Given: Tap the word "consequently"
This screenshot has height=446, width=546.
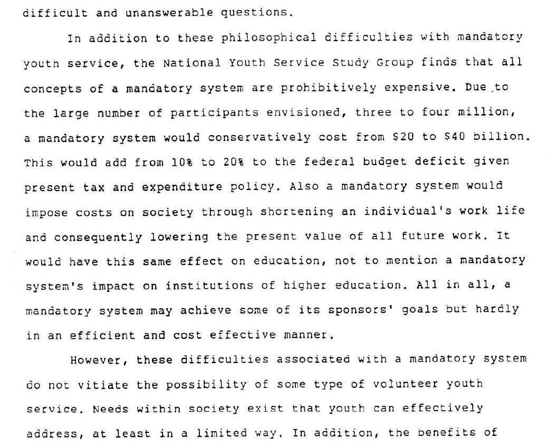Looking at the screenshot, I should [98, 237].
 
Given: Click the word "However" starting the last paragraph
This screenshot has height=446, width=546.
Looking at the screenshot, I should [99, 360].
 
